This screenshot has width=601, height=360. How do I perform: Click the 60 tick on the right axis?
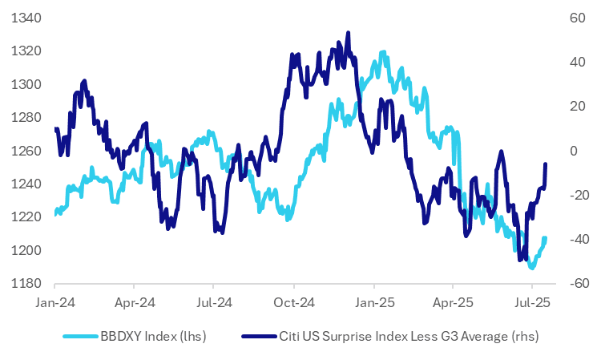point(578,18)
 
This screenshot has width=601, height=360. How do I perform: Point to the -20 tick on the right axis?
point(576,195)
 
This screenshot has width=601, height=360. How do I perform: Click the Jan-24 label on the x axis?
point(54,304)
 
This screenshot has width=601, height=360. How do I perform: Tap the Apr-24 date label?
point(134,304)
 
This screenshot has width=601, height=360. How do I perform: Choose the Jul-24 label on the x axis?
point(213,304)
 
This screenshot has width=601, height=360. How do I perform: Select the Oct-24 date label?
point(294,304)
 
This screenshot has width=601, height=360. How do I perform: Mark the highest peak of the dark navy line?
point(348,33)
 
